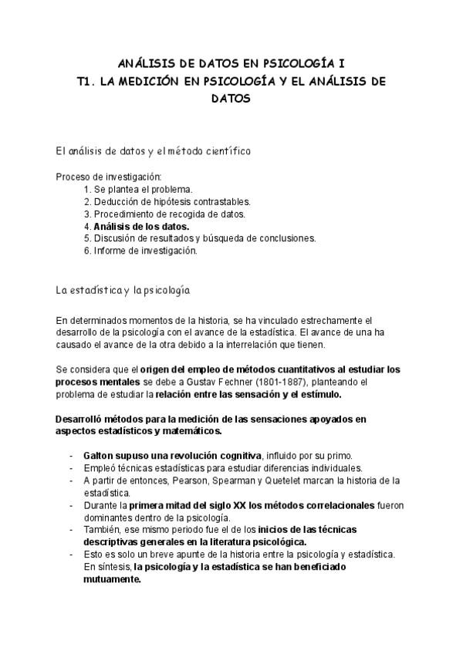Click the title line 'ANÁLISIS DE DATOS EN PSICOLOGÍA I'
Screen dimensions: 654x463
pos(231,63)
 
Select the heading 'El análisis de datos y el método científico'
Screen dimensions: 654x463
pos(152,150)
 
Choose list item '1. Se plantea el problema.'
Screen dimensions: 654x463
pos(137,189)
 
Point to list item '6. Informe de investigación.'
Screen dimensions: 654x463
pos(141,251)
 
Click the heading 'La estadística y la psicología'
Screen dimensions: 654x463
pos(123,291)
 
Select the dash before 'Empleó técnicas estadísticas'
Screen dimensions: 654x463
pos(72,468)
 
